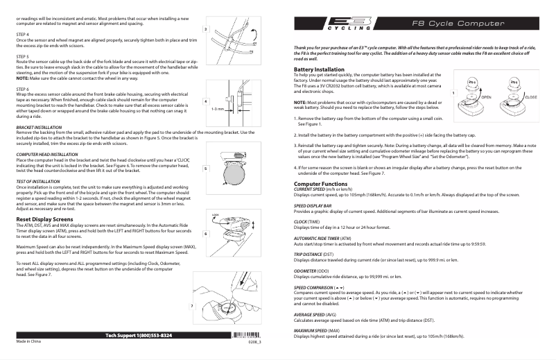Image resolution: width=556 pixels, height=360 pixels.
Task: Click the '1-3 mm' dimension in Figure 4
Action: tap(217, 109)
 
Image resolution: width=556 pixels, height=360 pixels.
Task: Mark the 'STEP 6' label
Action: tap(22, 89)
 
